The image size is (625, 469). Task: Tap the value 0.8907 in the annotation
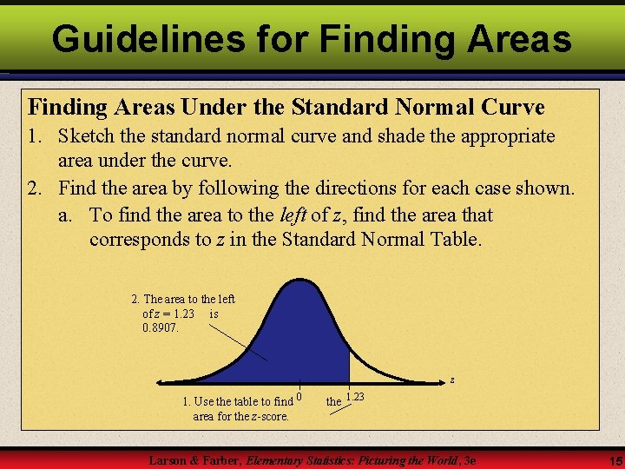point(160,327)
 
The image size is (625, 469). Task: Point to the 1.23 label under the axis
point(355,397)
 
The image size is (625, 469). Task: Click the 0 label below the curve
point(299,397)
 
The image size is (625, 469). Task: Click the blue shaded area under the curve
point(304,339)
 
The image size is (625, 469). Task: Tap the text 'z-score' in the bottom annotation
point(269,416)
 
